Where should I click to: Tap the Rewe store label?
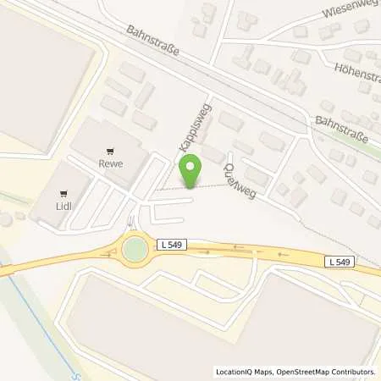[x=111, y=165]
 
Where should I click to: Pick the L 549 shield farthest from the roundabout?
[x=339, y=263]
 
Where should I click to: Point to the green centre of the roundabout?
[x=135, y=250]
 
